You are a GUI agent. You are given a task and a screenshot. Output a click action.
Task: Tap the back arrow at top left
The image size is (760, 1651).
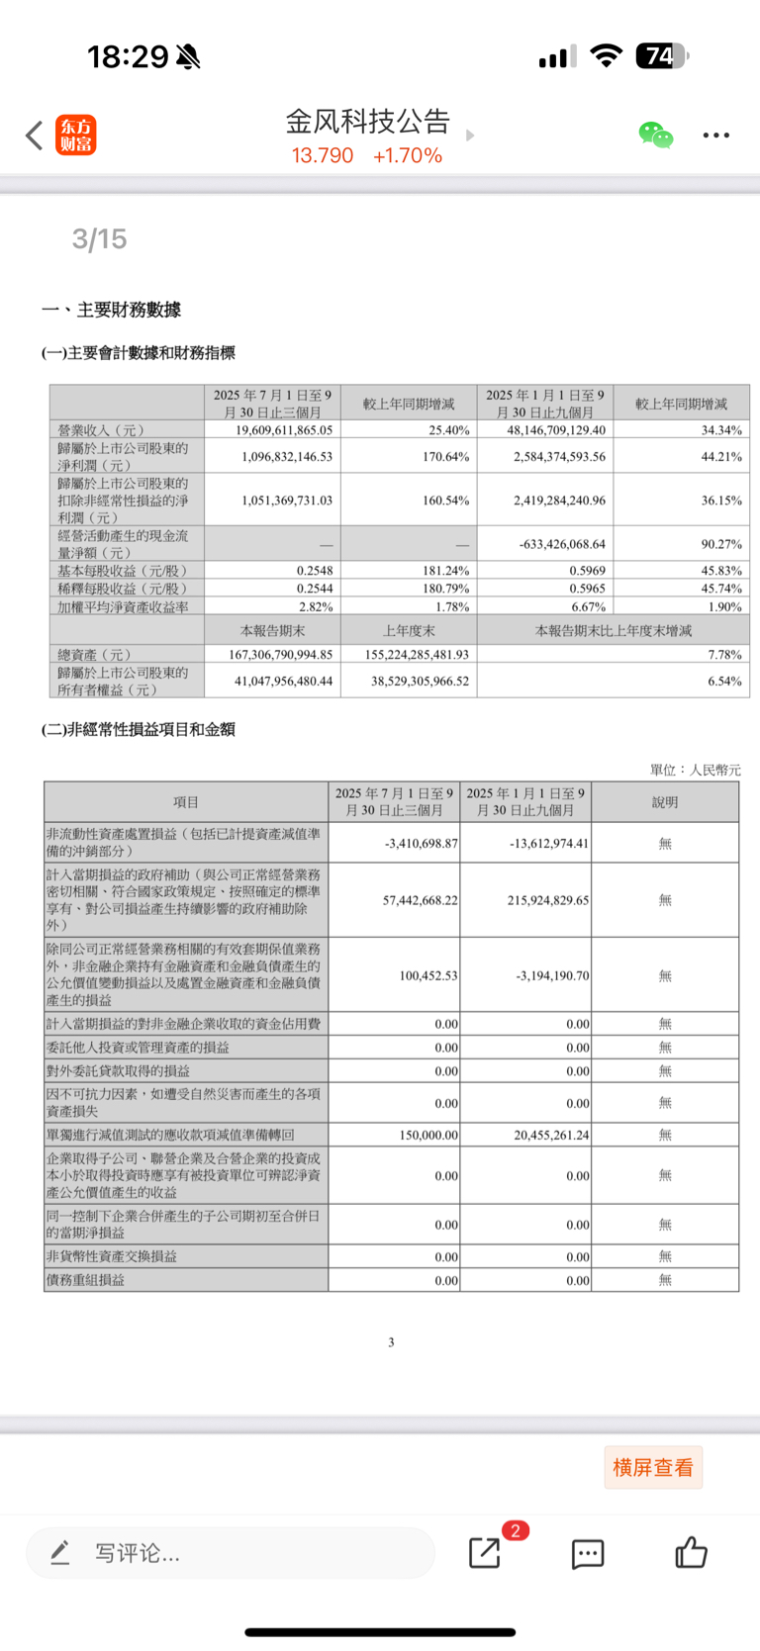[x=35, y=136]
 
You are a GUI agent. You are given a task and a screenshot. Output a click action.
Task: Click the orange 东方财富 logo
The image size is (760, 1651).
[x=76, y=136]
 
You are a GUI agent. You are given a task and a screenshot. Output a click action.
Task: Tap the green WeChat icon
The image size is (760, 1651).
[x=655, y=136]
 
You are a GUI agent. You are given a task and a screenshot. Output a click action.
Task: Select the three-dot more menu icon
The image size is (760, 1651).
[x=715, y=136]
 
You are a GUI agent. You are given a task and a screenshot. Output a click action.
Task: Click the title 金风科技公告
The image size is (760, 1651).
[x=368, y=122]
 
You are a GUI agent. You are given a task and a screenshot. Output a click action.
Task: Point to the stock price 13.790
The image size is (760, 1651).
[x=323, y=155]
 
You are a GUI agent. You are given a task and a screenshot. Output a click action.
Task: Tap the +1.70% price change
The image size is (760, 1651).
[x=408, y=155]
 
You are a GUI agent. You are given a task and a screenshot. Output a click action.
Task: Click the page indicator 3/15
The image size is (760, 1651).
[x=99, y=239]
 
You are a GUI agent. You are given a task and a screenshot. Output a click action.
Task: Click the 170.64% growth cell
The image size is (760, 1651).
[x=446, y=457]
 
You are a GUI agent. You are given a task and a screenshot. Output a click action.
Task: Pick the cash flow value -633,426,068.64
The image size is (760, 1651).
[x=561, y=544]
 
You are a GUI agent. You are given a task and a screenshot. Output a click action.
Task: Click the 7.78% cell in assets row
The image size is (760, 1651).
[x=724, y=655]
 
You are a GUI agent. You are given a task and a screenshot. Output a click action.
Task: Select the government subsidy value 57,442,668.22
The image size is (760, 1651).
[x=421, y=900]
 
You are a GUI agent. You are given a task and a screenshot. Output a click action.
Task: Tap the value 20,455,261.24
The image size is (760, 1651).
[x=551, y=1135]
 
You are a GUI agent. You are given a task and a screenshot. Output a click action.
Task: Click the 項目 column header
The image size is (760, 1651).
[x=186, y=802]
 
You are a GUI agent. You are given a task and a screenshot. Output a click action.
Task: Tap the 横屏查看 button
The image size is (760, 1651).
[x=653, y=1468]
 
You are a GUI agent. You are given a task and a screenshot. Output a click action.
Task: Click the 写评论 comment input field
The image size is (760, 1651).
[x=230, y=1553]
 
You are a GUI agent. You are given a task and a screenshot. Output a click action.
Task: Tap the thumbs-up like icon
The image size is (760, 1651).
[x=691, y=1553]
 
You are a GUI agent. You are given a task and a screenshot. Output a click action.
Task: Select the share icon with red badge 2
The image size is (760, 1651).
[x=485, y=1553]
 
